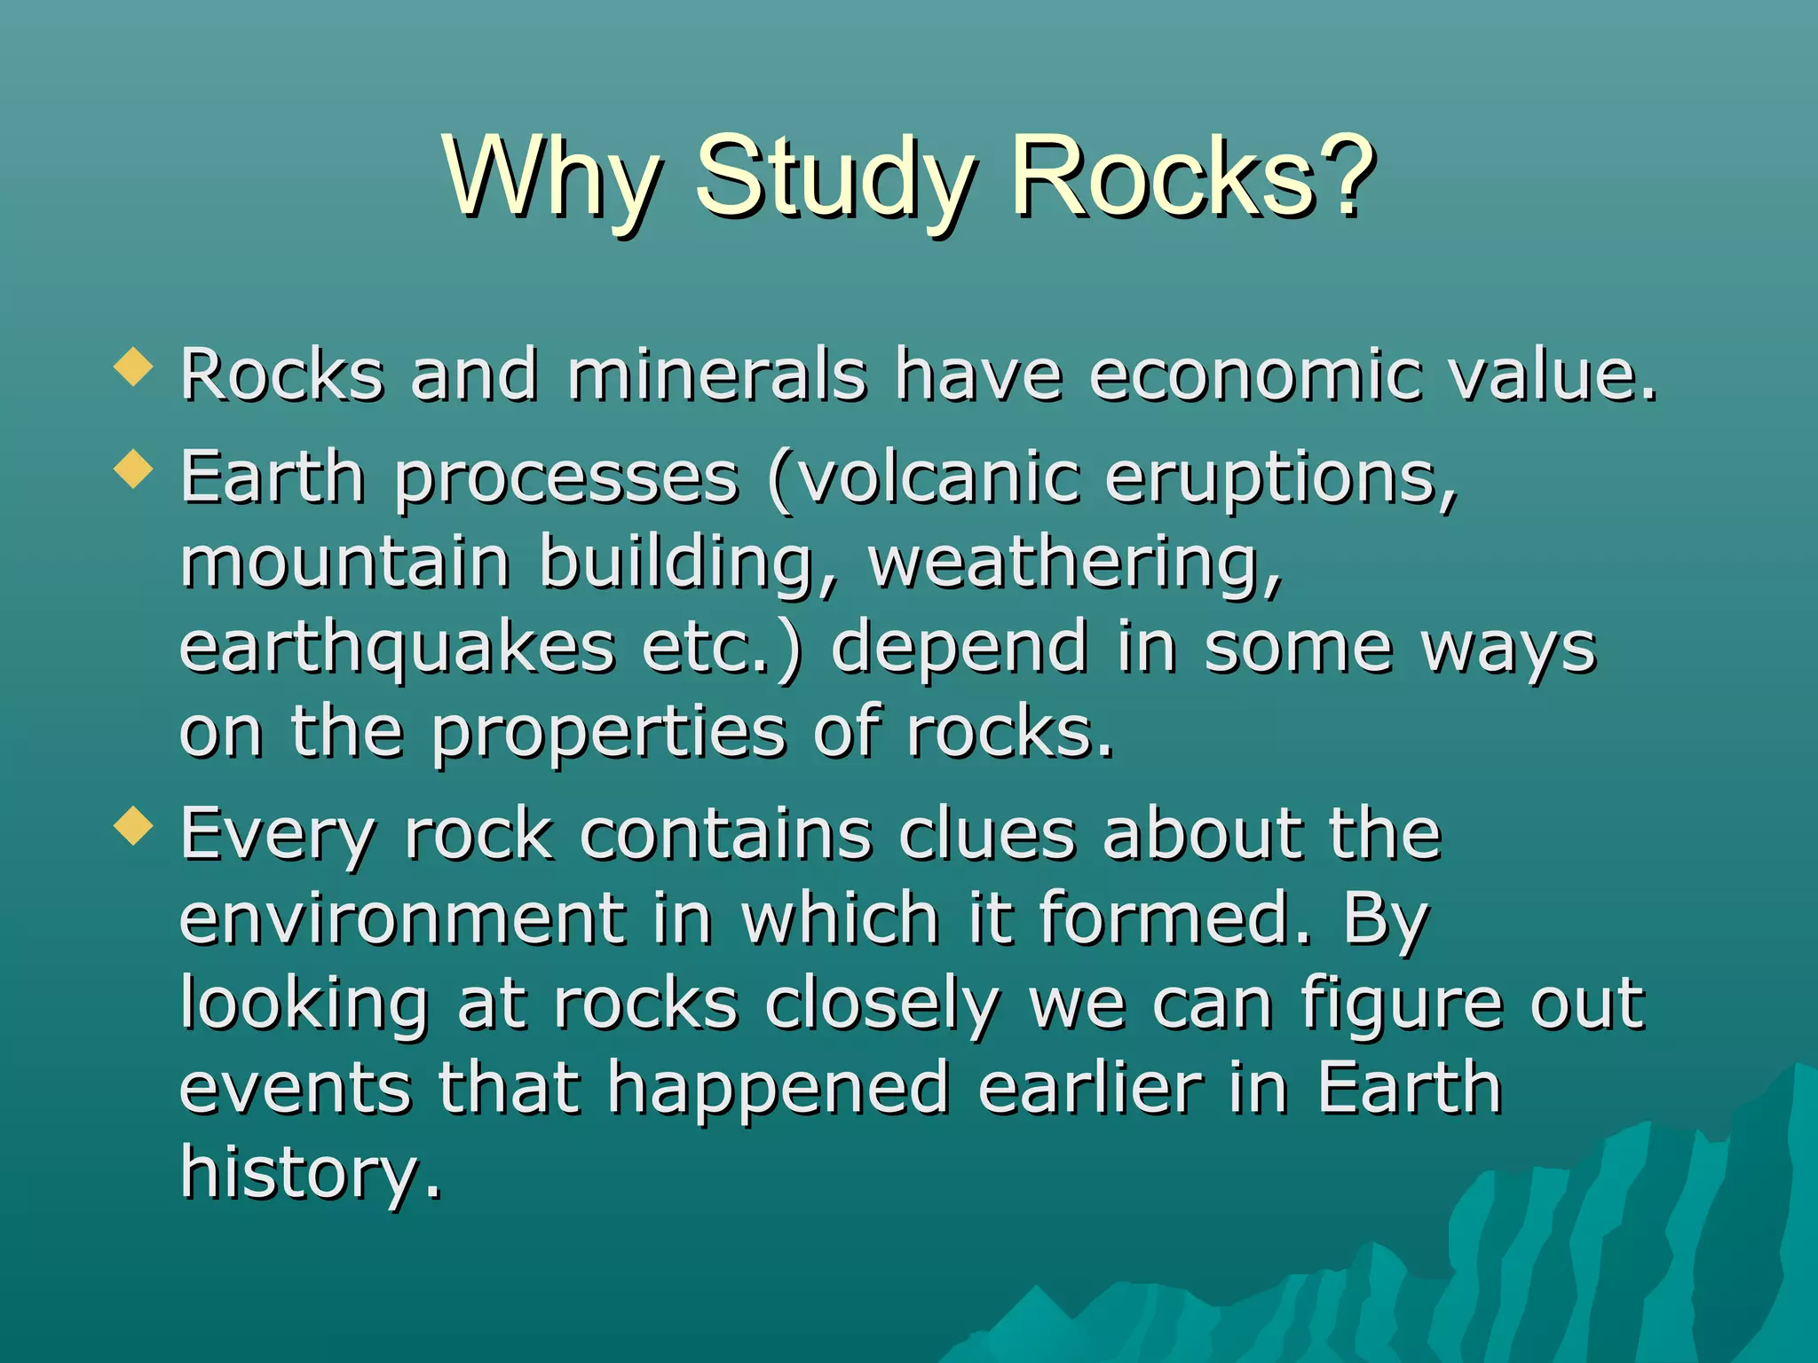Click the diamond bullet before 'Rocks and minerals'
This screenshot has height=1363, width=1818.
134,366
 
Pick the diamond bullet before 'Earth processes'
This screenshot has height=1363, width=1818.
134,468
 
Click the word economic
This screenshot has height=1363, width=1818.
1253,376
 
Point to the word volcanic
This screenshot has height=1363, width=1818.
937,478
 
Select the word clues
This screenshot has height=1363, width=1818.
986,835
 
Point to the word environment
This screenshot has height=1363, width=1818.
402,920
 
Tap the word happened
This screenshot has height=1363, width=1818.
778,1089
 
